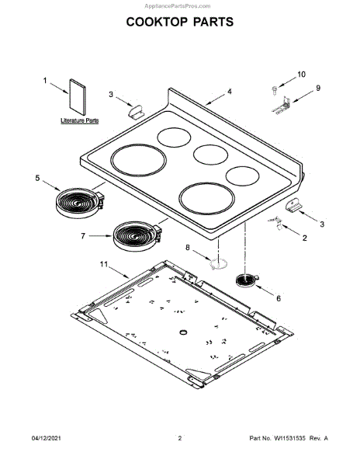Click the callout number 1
45,81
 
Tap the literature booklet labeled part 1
78,97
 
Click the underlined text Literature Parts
80,120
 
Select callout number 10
301,75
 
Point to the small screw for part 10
275,90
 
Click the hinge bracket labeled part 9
281,106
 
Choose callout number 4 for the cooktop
230,92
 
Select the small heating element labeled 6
247,280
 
